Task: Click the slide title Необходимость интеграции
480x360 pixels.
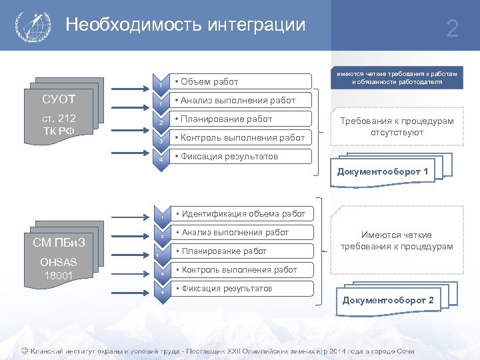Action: click(185, 25)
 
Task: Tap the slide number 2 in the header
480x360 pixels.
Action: click(452, 29)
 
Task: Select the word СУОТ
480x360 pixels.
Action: click(59, 101)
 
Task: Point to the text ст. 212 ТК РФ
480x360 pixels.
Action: click(59, 124)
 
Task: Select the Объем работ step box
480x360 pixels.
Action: click(240, 81)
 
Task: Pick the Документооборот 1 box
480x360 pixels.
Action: click(383, 172)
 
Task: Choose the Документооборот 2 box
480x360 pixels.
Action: click(387, 300)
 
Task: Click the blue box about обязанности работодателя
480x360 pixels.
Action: click(397, 77)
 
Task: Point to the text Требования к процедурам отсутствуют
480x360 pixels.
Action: click(397, 127)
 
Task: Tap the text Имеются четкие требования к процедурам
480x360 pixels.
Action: click(397, 241)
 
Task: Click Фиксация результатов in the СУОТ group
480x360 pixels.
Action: click(240, 157)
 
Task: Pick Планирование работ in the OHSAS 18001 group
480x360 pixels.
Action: click(240, 251)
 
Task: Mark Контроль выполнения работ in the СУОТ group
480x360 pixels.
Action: click(240, 138)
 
